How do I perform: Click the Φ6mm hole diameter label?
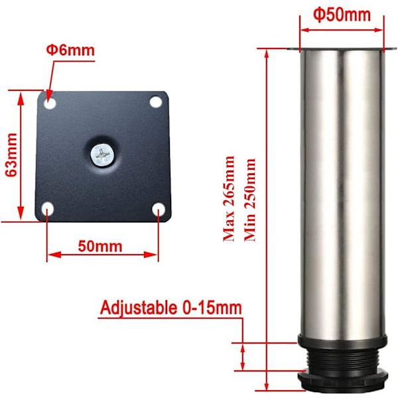[x=70, y=50]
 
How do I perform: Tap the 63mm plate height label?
[x=11, y=155]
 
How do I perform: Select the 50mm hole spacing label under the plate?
[x=100, y=246]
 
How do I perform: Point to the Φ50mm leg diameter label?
[x=342, y=15]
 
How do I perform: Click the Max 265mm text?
[x=228, y=198]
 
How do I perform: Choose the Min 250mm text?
[x=250, y=200]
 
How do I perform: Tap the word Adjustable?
[x=139, y=308]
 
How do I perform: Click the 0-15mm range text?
[x=212, y=308]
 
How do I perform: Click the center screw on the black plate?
[x=102, y=155]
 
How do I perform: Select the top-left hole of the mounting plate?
[x=50, y=103]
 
